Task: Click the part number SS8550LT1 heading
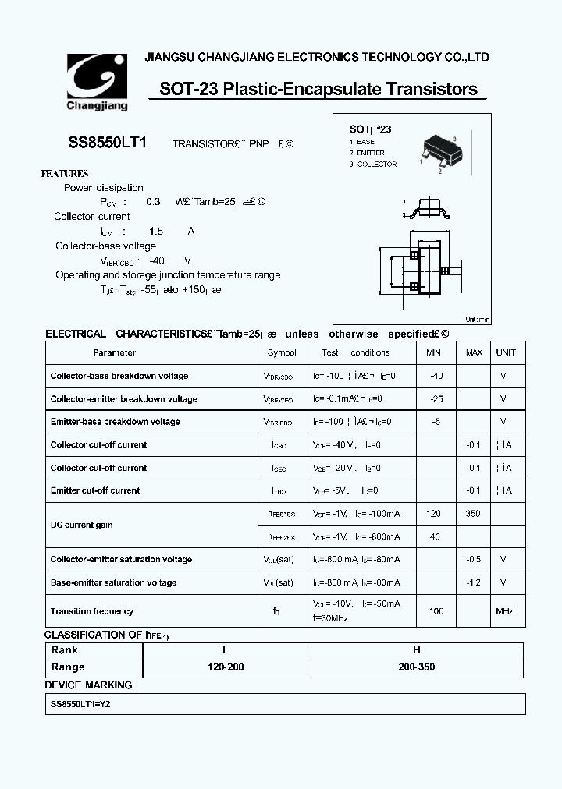pyautogui.click(x=103, y=143)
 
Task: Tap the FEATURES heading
pyautogui.click(x=65, y=174)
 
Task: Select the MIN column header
pyautogui.click(x=433, y=352)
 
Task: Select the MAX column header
pyautogui.click(x=474, y=352)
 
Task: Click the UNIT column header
pyautogui.click(x=506, y=352)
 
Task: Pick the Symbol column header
pyautogui.click(x=282, y=352)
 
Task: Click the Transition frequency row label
pyautogui.click(x=91, y=611)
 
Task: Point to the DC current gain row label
pyautogui.click(x=81, y=525)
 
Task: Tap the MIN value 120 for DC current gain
pyautogui.click(x=434, y=514)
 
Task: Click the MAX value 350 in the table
pyautogui.click(x=473, y=514)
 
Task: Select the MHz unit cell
pyautogui.click(x=505, y=611)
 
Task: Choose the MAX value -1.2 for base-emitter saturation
pyautogui.click(x=473, y=582)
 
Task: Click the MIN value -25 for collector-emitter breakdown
pyautogui.click(x=436, y=399)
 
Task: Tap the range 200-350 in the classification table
pyautogui.click(x=417, y=667)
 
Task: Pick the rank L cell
pyautogui.click(x=226, y=650)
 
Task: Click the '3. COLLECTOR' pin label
pyautogui.click(x=373, y=165)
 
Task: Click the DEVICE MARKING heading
pyautogui.click(x=88, y=685)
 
